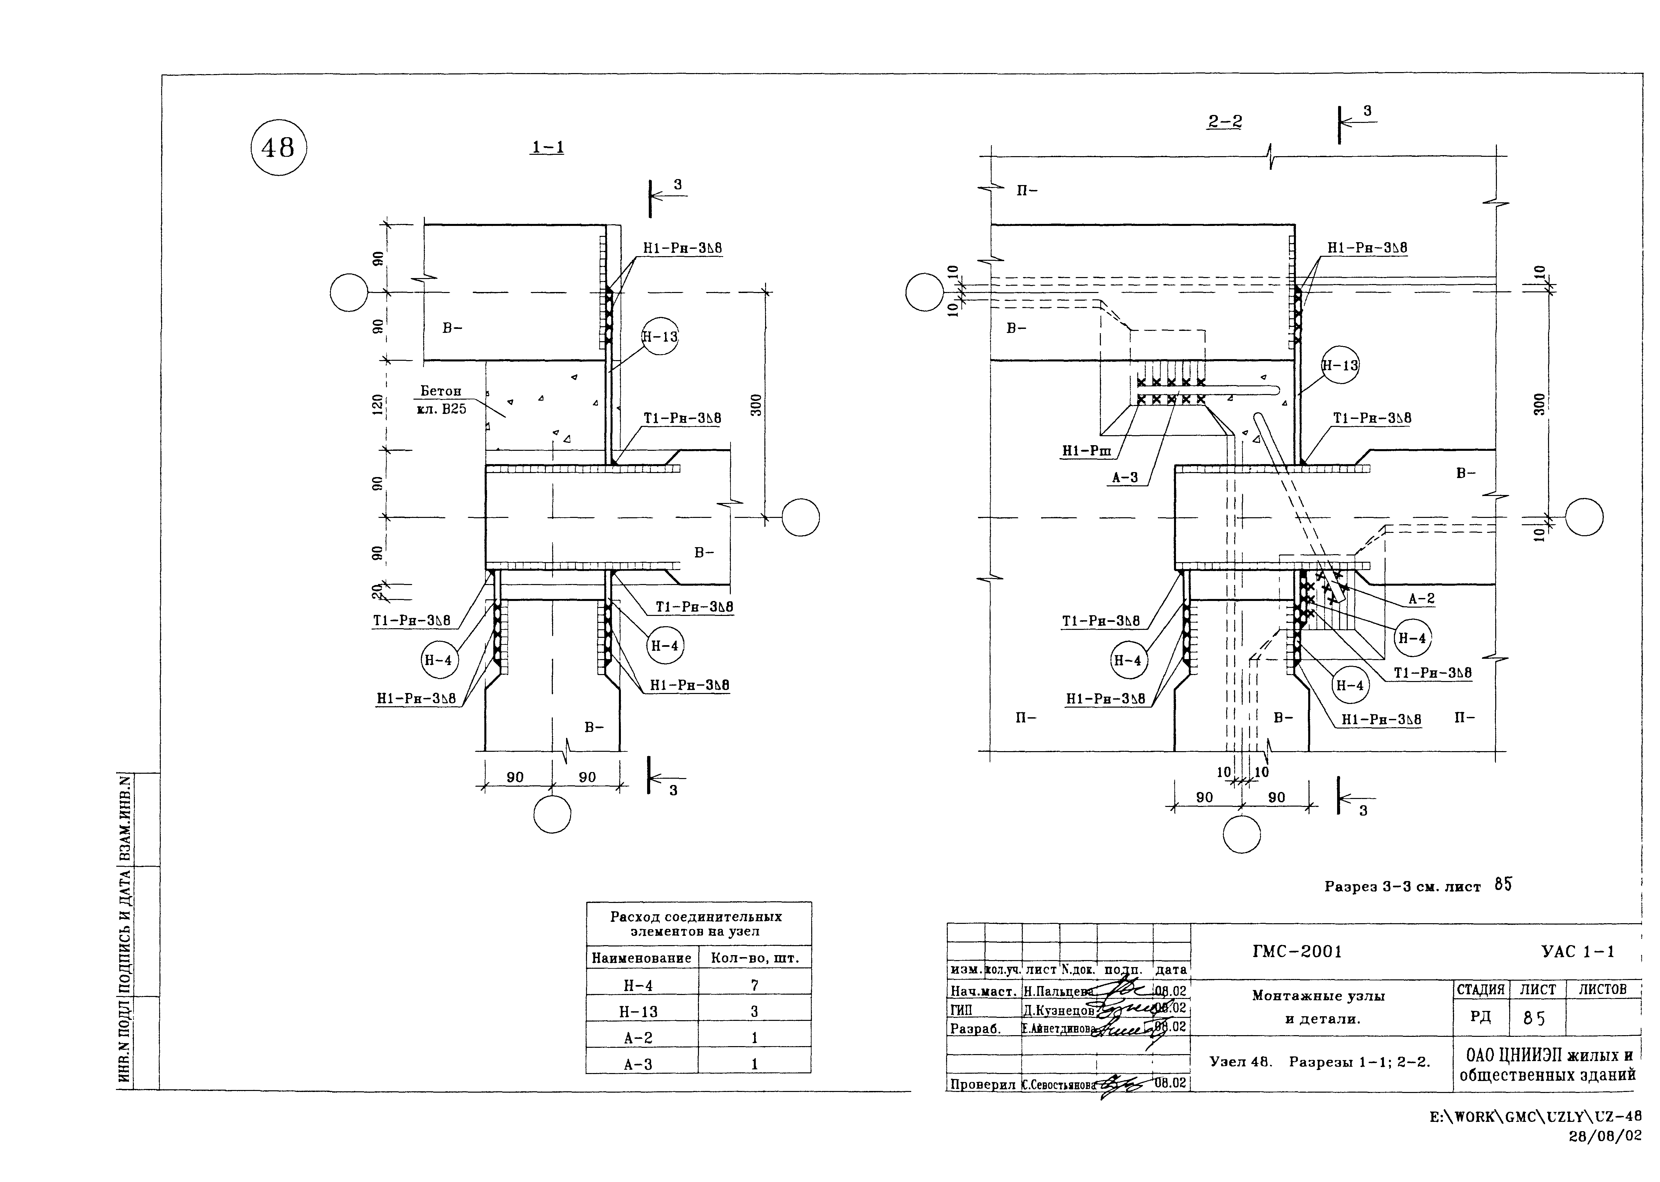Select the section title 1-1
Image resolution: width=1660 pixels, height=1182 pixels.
(547, 147)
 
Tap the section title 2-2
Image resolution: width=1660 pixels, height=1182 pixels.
(1225, 122)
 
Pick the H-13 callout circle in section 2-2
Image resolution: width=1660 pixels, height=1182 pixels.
(1340, 365)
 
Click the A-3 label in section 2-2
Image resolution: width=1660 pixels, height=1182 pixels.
(1124, 478)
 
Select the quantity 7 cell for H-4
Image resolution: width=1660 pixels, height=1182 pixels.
(755, 985)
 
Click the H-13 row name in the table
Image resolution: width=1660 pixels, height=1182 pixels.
(638, 1012)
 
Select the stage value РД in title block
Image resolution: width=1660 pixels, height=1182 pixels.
(1480, 1017)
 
